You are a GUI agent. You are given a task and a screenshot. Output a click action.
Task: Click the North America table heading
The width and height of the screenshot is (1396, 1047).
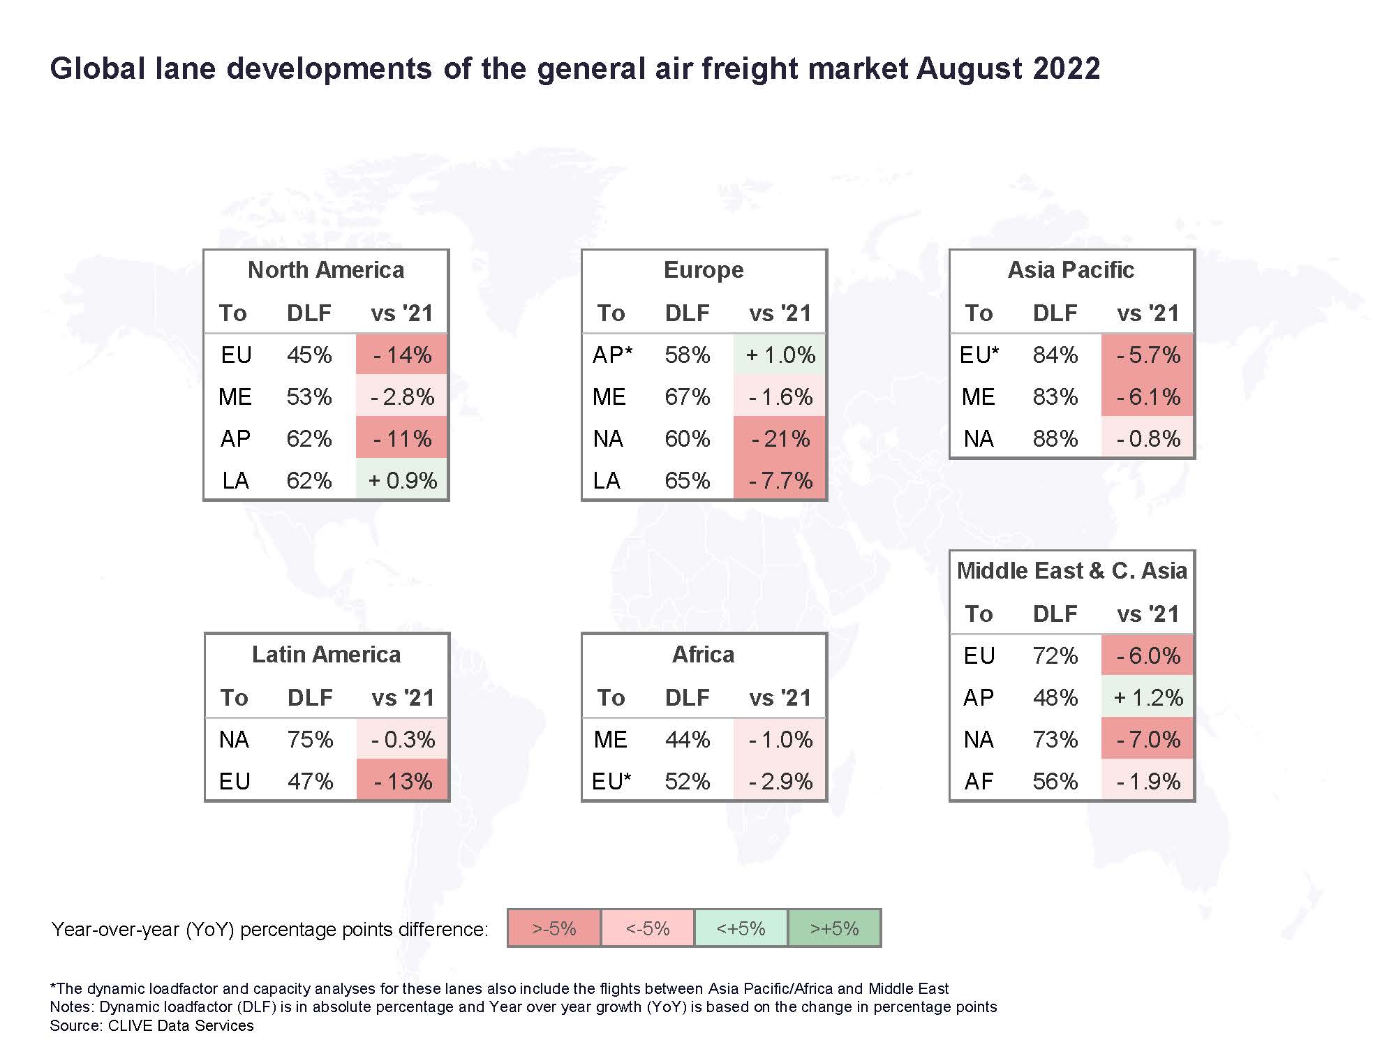point(326,270)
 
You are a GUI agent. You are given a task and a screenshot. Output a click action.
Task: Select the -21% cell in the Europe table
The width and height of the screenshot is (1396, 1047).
point(780,438)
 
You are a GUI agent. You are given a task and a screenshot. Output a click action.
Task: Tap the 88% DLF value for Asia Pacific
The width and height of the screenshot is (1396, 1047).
point(1055,438)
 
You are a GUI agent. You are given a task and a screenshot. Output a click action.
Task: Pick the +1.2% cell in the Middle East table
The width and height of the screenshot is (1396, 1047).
point(1148,697)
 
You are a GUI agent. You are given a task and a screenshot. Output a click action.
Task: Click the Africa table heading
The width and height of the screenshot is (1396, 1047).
point(704,655)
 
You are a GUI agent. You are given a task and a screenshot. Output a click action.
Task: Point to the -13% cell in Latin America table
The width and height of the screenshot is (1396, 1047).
point(403,781)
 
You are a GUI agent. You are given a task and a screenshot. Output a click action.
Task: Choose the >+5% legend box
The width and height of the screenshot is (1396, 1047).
point(835,928)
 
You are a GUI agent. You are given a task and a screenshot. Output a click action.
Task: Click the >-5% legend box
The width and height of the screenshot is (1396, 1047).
point(554,928)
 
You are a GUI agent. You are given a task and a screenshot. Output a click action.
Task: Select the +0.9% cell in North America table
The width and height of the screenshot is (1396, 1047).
point(403,480)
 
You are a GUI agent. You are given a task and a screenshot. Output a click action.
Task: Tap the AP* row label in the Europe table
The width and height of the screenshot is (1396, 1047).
point(612,355)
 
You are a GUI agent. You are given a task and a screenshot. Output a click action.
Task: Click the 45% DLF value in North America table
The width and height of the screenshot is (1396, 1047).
point(309,355)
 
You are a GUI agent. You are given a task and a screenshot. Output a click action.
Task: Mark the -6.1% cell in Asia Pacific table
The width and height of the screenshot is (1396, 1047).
point(1148,396)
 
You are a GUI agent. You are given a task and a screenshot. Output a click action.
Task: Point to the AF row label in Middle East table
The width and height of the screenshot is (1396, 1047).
point(979,781)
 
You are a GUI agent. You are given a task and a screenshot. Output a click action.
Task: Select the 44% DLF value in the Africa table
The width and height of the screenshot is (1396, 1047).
point(688,739)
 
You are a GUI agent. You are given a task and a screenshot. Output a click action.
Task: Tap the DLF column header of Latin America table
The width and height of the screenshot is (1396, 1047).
point(310,697)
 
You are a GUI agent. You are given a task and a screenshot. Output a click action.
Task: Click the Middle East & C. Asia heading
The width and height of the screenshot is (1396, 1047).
point(1071,571)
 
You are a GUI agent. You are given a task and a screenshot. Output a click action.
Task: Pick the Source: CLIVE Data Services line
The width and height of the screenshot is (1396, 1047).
point(151,1025)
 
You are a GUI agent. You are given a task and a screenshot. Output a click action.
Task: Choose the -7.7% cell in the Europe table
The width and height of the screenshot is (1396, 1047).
point(780,480)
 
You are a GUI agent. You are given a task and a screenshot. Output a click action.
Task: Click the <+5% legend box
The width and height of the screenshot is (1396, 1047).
point(741,928)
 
